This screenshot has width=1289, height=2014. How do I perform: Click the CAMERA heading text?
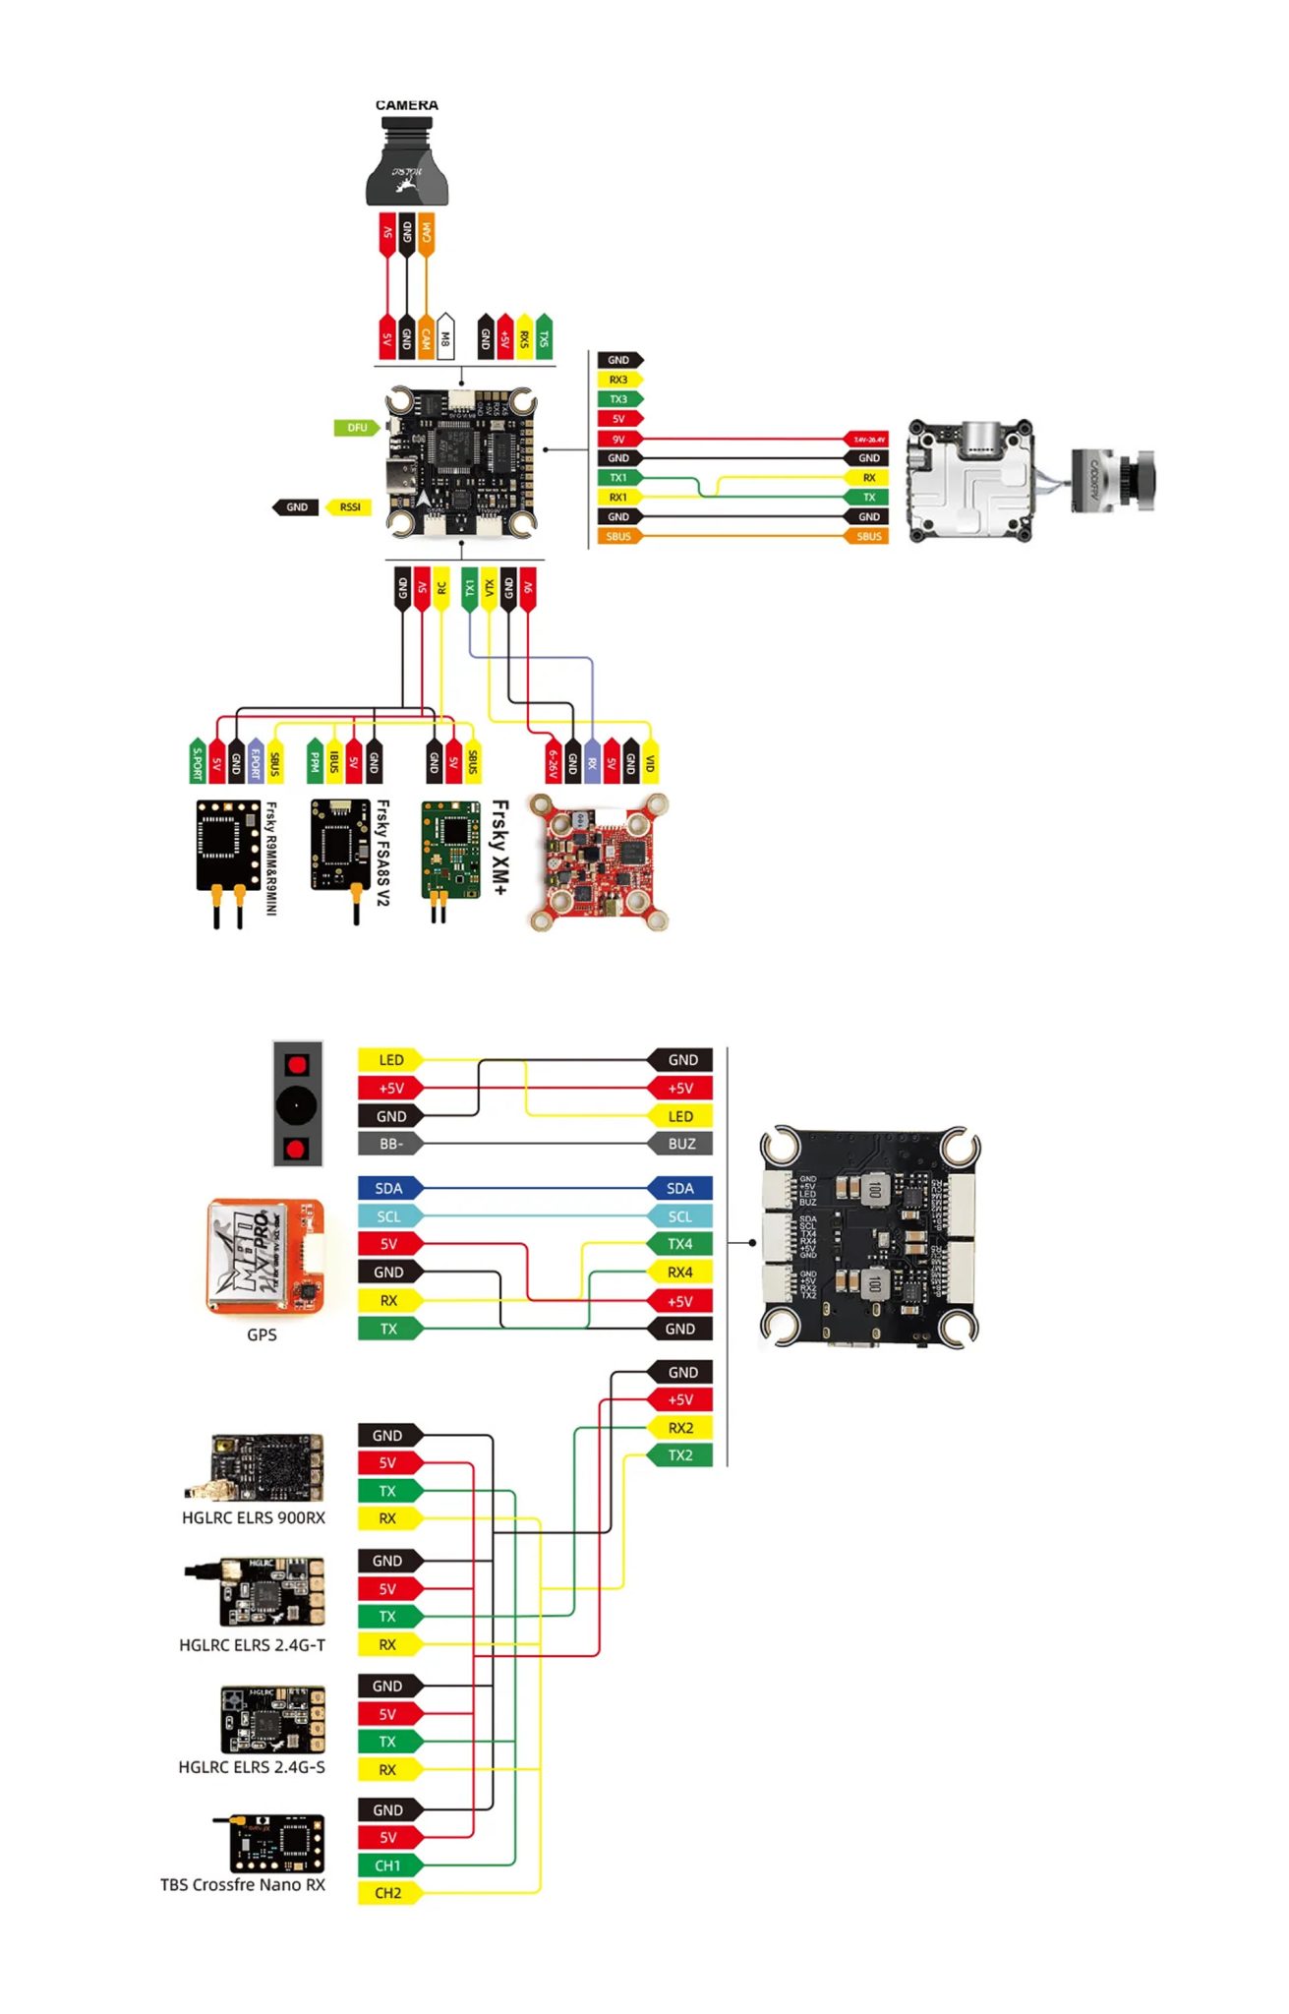406,105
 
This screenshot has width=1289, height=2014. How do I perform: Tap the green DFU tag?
355,428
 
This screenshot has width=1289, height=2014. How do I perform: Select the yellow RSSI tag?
349,507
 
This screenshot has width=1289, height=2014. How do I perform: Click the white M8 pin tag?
444,336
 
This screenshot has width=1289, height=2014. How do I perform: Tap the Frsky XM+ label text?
499,847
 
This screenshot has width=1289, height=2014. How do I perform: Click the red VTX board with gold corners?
599,861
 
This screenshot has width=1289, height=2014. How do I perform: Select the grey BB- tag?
390,1144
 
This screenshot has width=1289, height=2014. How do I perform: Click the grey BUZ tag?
680,1144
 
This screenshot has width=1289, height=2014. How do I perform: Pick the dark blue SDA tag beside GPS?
389,1188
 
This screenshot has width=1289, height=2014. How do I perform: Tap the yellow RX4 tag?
679,1273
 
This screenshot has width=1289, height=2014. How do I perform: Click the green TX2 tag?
679,1455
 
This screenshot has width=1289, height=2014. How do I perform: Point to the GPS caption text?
262,1334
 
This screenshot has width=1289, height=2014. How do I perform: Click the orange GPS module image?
264,1257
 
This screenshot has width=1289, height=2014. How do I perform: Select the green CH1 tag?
388,1866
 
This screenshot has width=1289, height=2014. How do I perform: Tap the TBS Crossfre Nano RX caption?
243,1884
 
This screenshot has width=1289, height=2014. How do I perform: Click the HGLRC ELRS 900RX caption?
253,1517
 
